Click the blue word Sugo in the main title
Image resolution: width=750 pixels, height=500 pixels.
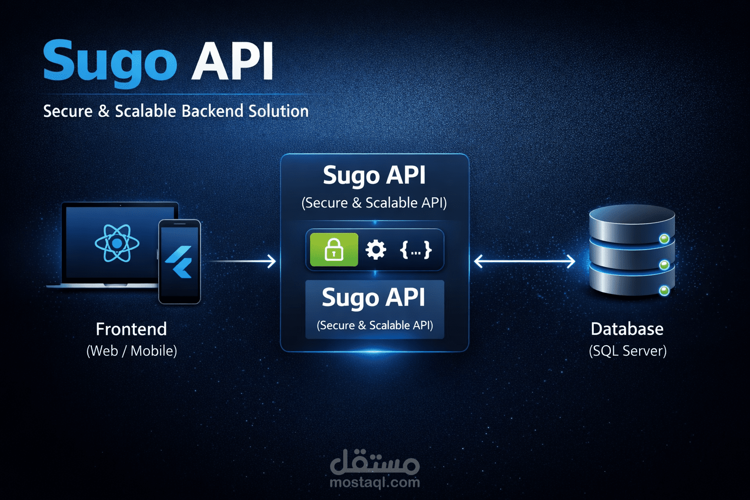pos(109,61)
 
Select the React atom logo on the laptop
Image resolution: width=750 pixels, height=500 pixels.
pos(117,243)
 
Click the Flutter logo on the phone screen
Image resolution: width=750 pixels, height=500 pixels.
pos(180,262)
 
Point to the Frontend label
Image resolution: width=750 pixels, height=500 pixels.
pos(131,329)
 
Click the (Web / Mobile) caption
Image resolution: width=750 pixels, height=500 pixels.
pos(131,351)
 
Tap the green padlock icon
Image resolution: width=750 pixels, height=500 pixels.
pos(334,250)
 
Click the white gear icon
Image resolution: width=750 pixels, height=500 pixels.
pos(375,250)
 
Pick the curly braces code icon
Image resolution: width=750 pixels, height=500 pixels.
pos(416,250)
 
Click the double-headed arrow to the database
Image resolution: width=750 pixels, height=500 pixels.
pos(524,261)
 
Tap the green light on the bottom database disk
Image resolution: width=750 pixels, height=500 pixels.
pos(664,291)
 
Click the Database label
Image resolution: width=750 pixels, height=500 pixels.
pos(627,329)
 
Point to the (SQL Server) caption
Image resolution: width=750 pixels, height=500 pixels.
pos(627,351)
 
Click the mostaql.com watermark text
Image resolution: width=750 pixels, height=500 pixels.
pos(375,482)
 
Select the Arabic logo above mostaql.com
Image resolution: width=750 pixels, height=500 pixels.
pos(375,462)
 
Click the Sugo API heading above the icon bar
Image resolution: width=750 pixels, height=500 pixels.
pos(374,175)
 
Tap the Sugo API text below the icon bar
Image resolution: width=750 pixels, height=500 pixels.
pos(374,297)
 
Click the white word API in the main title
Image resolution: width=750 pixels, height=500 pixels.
pos(232,61)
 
